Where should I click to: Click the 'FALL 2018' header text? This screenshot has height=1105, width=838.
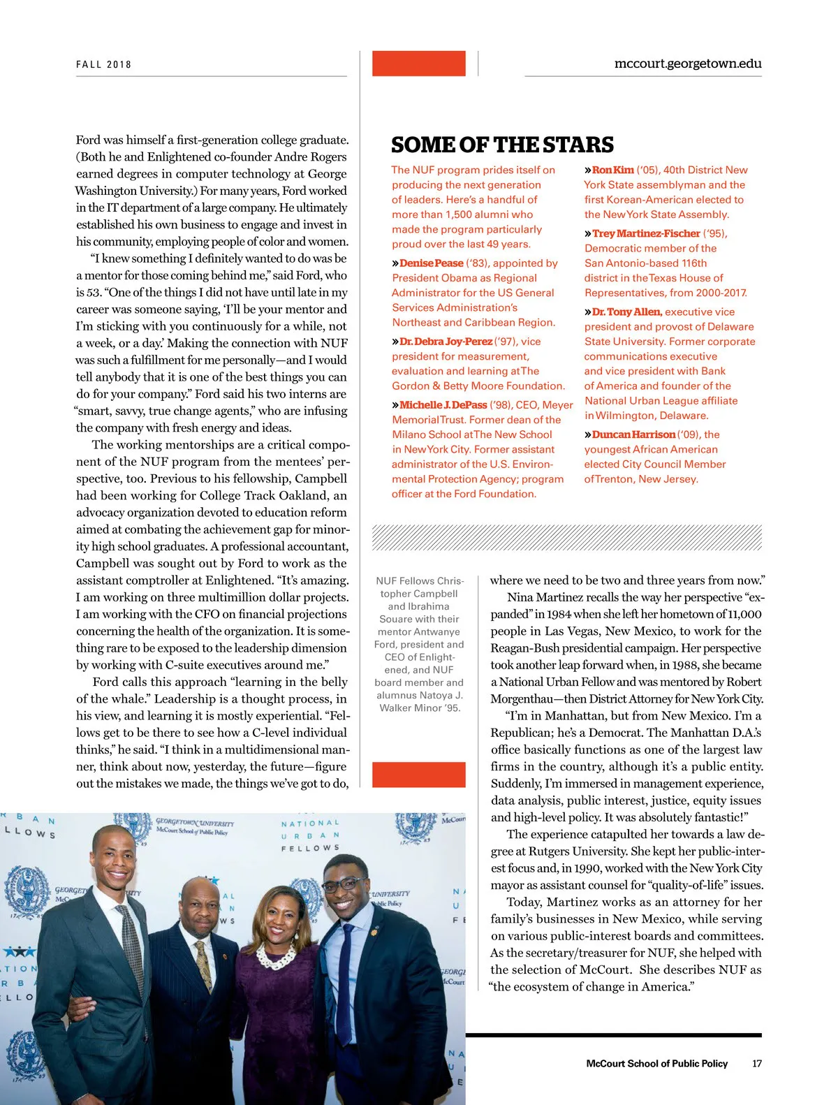[103, 64]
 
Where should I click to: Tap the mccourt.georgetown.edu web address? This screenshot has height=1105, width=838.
[687, 64]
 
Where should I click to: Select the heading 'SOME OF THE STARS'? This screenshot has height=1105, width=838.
[502, 145]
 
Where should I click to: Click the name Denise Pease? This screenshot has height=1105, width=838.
[431, 263]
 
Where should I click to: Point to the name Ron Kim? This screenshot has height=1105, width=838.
[612, 170]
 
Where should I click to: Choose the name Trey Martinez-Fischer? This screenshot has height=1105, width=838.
[645, 233]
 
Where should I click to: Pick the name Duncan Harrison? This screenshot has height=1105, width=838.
[633, 434]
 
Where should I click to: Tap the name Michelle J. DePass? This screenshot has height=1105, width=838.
[443, 405]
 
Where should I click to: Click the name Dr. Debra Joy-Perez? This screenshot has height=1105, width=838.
[446, 342]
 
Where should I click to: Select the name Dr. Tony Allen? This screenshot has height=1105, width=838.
[625, 312]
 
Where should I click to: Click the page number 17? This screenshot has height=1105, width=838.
[757, 1064]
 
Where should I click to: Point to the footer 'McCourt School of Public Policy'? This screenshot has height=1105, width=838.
[656, 1064]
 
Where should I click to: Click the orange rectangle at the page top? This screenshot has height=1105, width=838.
[418, 64]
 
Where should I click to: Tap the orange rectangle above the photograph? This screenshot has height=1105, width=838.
[418, 775]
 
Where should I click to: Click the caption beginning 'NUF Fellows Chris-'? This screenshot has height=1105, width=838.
[419, 644]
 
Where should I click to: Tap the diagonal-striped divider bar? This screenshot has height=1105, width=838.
[566, 538]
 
